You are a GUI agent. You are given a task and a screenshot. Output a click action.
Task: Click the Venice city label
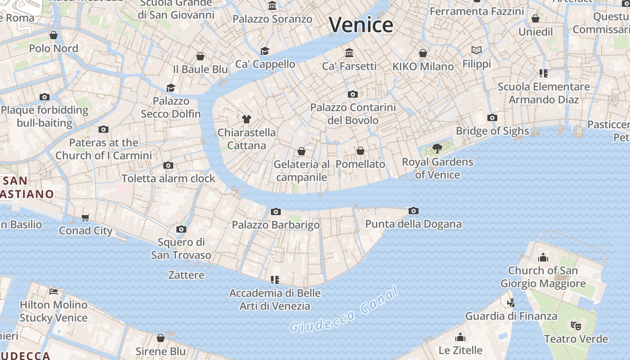[361, 24]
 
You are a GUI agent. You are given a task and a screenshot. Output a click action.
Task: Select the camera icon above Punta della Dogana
[413, 211]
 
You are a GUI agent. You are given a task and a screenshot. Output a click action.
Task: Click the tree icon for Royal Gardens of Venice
[437, 148]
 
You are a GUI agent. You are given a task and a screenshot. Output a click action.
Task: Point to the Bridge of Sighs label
[492, 131]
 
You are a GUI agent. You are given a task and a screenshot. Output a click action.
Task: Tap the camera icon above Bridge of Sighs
[492, 117]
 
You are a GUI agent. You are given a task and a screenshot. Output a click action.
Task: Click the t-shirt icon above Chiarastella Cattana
[247, 119]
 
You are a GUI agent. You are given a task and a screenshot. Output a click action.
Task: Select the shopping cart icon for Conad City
[85, 217]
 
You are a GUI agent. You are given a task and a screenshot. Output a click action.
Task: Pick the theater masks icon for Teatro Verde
[576, 325]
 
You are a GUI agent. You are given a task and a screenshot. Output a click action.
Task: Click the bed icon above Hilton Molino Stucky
[54, 291]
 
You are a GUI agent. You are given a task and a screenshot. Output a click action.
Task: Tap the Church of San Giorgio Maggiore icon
[543, 257]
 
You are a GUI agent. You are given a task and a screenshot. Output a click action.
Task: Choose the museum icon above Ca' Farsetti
[349, 53]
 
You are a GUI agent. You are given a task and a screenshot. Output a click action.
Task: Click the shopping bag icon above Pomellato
[360, 151]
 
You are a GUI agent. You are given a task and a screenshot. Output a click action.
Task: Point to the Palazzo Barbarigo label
[276, 225]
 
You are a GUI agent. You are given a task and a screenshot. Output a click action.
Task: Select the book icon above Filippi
[477, 50]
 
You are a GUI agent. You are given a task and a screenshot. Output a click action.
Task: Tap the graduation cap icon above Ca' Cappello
[265, 51]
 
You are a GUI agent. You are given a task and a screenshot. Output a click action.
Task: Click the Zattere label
[186, 275]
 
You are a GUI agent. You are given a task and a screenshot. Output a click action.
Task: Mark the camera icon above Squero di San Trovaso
[181, 229]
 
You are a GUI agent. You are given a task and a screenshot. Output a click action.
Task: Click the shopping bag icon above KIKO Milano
[423, 53]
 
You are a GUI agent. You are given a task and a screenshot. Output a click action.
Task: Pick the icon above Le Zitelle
[460, 337]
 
